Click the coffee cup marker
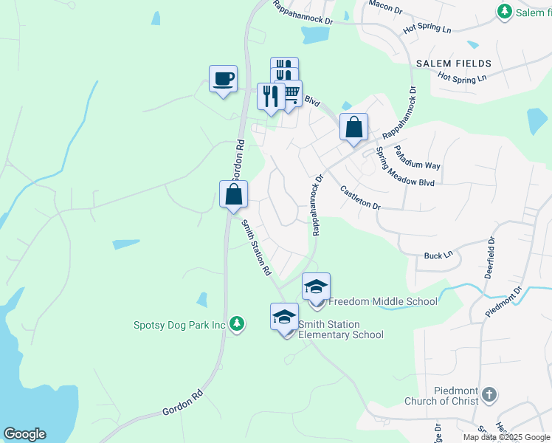[x=224, y=78]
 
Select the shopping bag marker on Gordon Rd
[x=234, y=195]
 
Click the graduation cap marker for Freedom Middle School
[x=316, y=286]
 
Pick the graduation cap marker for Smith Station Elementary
[x=284, y=317]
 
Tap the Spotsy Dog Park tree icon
[x=236, y=324]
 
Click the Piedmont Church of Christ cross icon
[x=489, y=395]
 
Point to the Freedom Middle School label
[x=382, y=301]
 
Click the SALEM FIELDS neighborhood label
[x=452, y=64]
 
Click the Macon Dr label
[x=384, y=7]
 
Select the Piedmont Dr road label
[x=503, y=301]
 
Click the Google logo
[x=24, y=434]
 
